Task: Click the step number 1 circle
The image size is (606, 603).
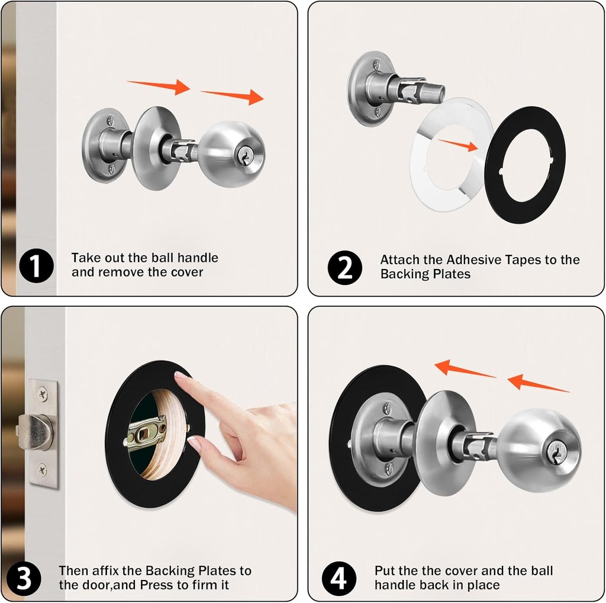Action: click(36, 265)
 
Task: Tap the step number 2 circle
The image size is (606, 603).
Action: click(344, 267)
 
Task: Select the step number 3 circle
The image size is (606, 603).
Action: click(24, 579)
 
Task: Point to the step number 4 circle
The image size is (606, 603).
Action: click(339, 579)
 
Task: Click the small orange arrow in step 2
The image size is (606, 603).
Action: click(458, 143)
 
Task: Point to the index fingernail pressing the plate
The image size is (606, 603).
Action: click(182, 376)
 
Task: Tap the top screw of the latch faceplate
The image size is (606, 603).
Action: click(43, 393)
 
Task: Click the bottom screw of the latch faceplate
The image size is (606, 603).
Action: click(43, 470)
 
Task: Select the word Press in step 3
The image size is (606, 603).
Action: click(157, 585)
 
